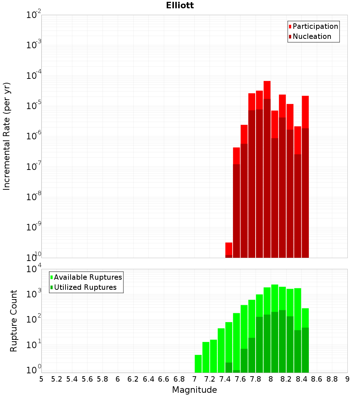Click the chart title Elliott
click(x=180, y=5)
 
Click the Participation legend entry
click(x=315, y=26)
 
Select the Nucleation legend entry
click(x=312, y=36)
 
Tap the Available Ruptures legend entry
click(x=88, y=277)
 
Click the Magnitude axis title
click(x=194, y=390)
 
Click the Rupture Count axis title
click(x=14, y=321)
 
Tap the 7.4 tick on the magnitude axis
click(x=225, y=379)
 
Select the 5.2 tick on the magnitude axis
click(x=57, y=379)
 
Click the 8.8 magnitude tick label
click(x=332, y=379)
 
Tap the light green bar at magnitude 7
click(x=198, y=364)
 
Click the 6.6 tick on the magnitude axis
click(x=164, y=379)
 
